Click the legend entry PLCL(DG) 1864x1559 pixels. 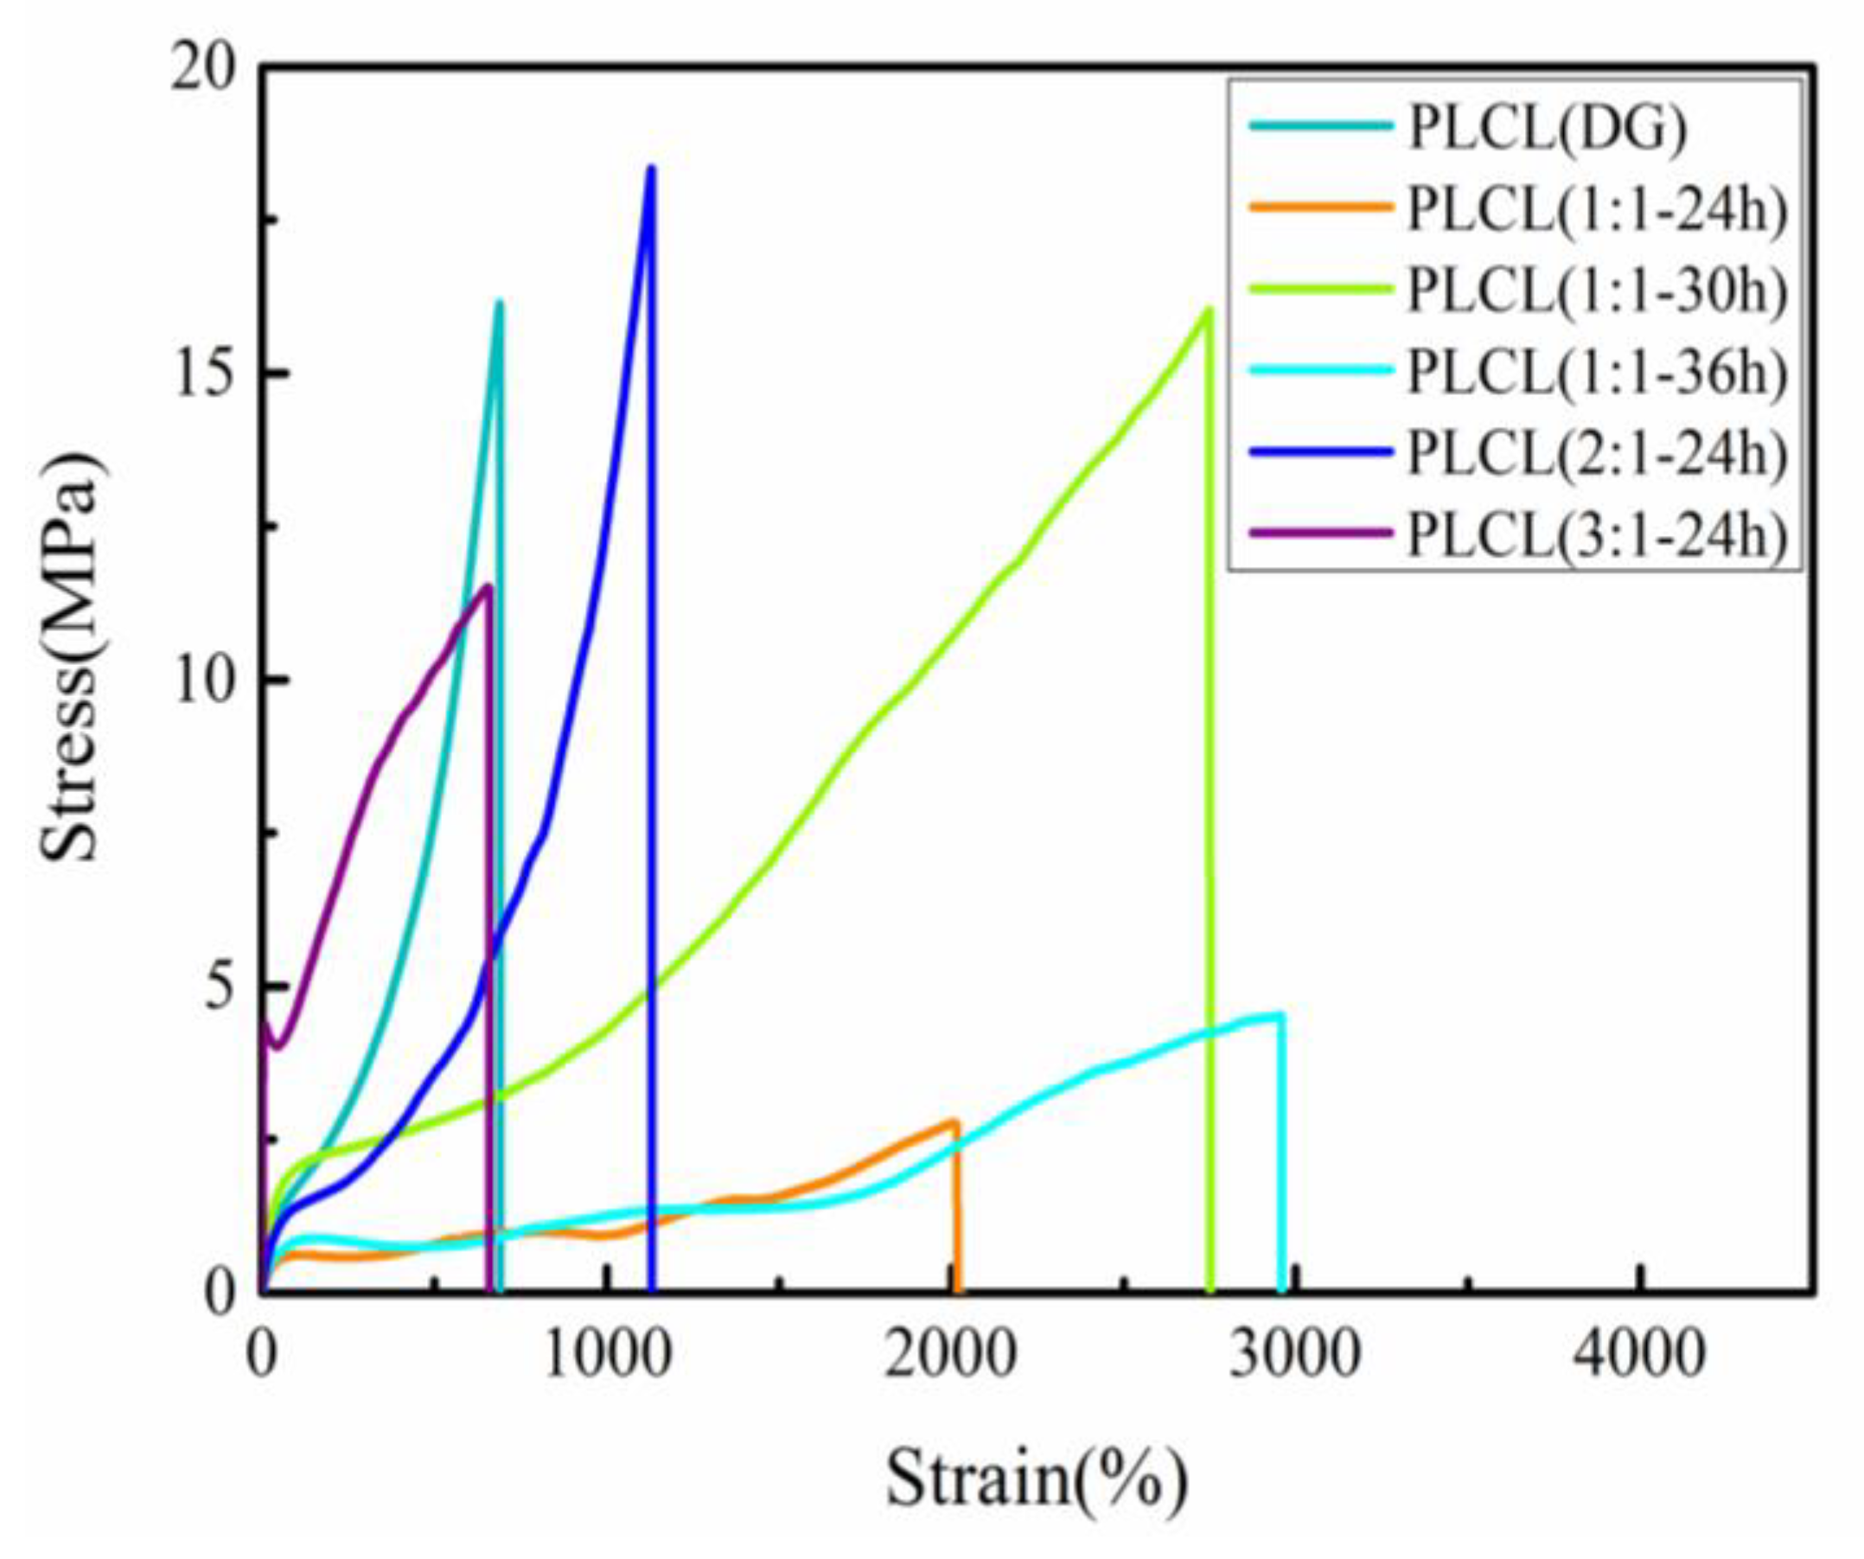point(1548,129)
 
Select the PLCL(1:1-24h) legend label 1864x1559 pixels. point(1598,210)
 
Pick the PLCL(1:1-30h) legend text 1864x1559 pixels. point(1598,292)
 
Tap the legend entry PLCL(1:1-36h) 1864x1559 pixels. point(1598,374)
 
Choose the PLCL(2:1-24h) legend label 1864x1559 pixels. point(1598,456)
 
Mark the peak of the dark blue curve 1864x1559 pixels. point(651,169)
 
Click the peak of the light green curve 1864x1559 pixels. point(1207,310)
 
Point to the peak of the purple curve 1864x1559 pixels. point(487,586)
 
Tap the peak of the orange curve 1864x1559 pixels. point(955,1122)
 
